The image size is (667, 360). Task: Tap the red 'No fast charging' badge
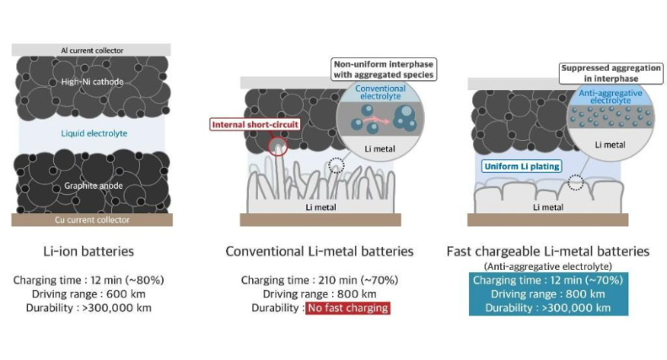(348, 308)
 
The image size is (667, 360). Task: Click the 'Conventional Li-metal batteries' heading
(319, 252)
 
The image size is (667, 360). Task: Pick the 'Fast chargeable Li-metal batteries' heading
(548, 251)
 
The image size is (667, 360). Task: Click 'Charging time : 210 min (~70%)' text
(320, 280)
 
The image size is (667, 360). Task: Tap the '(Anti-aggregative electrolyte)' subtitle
(548, 266)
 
